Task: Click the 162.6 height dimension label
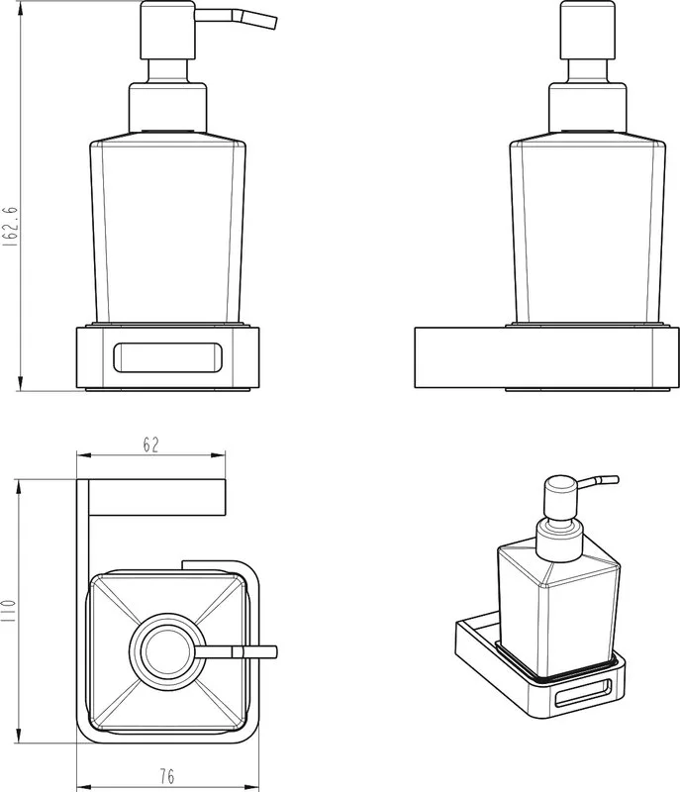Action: click(x=10, y=226)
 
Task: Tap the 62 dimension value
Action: click(x=150, y=445)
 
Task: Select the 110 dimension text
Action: click(x=9, y=610)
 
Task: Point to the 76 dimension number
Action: click(x=167, y=776)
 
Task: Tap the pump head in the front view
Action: click(x=167, y=31)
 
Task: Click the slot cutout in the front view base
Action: click(x=167, y=357)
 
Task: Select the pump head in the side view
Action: click(x=588, y=31)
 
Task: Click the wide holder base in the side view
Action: click(x=546, y=357)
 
